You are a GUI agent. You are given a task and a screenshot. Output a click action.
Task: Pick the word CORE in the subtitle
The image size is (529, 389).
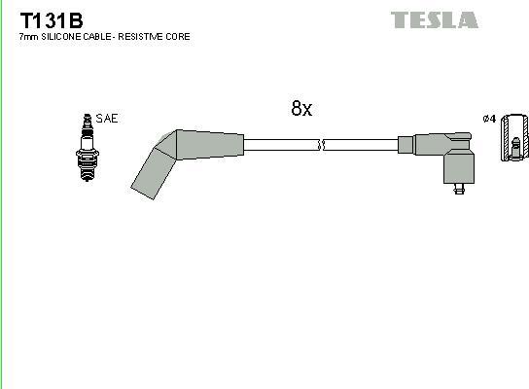pos(180,36)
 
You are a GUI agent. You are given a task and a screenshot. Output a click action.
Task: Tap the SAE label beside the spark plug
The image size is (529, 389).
pos(107,118)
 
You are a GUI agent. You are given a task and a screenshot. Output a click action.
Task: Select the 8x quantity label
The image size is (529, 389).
pos(301,109)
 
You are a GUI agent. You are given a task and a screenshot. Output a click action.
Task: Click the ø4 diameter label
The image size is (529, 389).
pos(489,119)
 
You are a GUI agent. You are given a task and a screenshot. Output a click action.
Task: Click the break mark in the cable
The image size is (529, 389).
pos(321,145)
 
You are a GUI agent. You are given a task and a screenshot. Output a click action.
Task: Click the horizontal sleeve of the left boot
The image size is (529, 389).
pos(209,144)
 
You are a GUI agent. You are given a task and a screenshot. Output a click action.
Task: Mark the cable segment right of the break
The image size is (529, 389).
pos(365,145)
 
